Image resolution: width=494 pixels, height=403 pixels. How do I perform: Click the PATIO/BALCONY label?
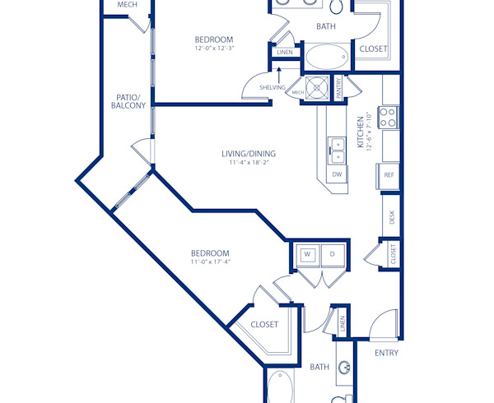(130, 101)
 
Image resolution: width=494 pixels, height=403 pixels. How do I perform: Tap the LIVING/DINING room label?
(248, 154)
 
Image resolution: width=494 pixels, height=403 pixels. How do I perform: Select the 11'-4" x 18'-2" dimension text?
(248, 163)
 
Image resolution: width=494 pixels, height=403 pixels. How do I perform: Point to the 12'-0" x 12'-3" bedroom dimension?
(213, 49)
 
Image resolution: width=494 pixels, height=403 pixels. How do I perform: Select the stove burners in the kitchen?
(387, 117)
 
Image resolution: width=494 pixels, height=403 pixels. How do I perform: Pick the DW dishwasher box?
(337, 174)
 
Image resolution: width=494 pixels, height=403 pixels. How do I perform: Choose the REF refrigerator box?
(389, 175)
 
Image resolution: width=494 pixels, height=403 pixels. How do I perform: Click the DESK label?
(393, 217)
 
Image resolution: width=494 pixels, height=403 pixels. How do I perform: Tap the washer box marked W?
(307, 254)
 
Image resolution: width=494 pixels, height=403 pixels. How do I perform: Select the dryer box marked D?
(333, 254)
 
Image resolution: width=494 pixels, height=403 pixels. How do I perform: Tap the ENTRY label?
(386, 353)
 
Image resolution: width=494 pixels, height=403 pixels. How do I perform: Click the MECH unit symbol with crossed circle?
(316, 85)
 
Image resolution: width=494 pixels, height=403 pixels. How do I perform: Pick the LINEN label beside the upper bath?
(285, 53)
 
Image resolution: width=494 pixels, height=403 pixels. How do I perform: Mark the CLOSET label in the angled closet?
(264, 324)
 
